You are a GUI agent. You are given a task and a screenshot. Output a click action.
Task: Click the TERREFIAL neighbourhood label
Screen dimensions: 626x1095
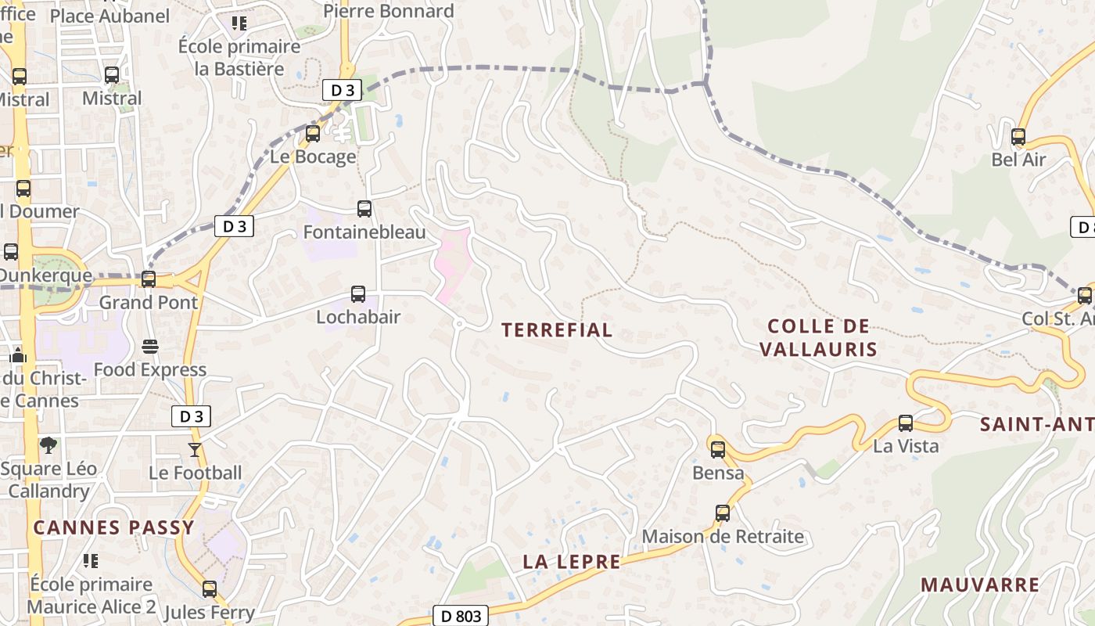pyautogui.click(x=557, y=330)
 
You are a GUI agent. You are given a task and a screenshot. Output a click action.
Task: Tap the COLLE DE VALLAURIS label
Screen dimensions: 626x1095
pyautogui.click(x=818, y=337)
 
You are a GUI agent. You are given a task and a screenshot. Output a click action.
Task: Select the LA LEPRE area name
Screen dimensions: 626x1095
pyautogui.click(x=571, y=562)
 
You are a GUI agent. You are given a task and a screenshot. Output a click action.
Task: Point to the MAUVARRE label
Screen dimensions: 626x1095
pyautogui.click(x=980, y=585)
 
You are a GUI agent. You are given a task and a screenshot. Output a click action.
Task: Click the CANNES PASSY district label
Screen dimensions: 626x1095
pyautogui.click(x=113, y=527)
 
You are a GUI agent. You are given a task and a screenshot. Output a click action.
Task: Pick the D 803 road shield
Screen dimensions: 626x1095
pyautogui.click(x=461, y=616)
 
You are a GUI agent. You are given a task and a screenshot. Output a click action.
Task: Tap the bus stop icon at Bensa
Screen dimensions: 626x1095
pyautogui.click(x=717, y=450)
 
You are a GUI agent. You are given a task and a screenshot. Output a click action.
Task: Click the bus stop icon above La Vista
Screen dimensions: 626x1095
pyautogui.click(x=906, y=423)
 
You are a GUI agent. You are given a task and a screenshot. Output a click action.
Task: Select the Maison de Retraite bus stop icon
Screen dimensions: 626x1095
pyautogui.click(x=723, y=513)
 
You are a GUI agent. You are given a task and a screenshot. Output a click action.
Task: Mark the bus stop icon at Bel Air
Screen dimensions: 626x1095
pyautogui.click(x=1018, y=137)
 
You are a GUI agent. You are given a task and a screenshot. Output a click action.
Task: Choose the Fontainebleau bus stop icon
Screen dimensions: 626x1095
pyautogui.click(x=364, y=209)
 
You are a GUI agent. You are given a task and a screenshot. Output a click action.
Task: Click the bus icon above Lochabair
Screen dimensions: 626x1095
pyautogui.click(x=358, y=294)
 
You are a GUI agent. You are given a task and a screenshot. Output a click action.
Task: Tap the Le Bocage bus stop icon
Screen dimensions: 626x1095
pyautogui.click(x=313, y=134)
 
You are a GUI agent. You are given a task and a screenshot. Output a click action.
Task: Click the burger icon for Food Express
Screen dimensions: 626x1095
pyautogui.click(x=150, y=347)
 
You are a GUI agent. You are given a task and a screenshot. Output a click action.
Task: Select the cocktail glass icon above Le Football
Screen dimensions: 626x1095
pyautogui.click(x=194, y=450)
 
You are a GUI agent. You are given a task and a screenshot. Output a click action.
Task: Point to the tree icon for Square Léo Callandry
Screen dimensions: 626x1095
pyautogui.click(x=48, y=445)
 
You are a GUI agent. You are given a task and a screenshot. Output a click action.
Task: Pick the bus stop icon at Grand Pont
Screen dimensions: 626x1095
pyautogui.click(x=148, y=279)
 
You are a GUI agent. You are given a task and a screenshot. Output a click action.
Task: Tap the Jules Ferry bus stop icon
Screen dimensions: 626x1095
pyautogui.click(x=210, y=589)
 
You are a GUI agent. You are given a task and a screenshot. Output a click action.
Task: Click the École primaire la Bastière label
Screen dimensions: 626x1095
pyautogui.click(x=239, y=57)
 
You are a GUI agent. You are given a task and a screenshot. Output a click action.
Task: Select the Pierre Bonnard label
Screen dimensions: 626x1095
pyautogui.click(x=388, y=11)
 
